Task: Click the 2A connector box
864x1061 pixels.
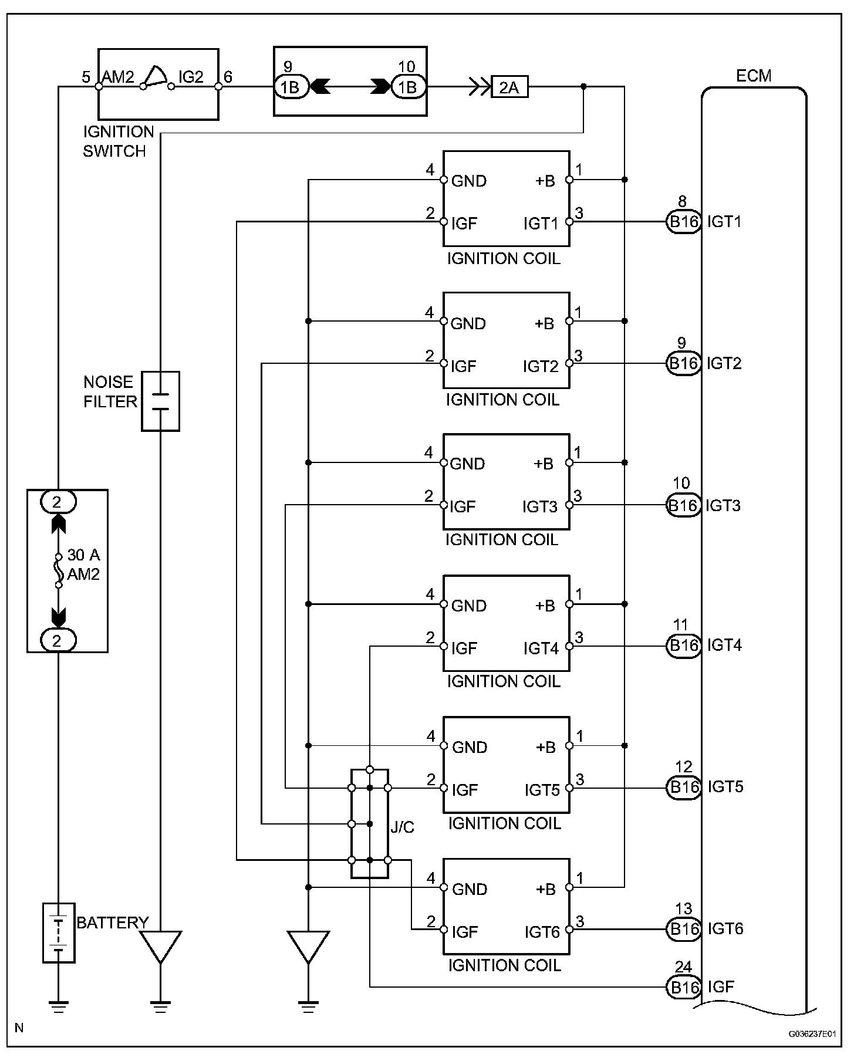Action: [x=509, y=87]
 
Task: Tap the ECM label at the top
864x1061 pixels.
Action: [x=754, y=76]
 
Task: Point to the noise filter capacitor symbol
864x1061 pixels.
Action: [x=160, y=401]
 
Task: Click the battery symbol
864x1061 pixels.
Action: [x=59, y=933]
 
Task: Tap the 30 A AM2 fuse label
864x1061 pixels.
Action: [x=83, y=565]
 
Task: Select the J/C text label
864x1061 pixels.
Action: [x=402, y=827]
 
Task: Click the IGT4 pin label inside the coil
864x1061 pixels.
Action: [x=541, y=648]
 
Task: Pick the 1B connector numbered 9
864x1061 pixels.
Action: [x=291, y=87]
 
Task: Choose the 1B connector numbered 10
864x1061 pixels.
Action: [x=407, y=87]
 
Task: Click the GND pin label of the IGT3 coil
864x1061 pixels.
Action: [x=468, y=464]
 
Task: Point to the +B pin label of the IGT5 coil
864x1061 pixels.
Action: [x=545, y=747]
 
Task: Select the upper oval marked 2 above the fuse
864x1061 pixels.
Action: [x=58, y=502]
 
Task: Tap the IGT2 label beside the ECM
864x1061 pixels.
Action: [x=724, y=363]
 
